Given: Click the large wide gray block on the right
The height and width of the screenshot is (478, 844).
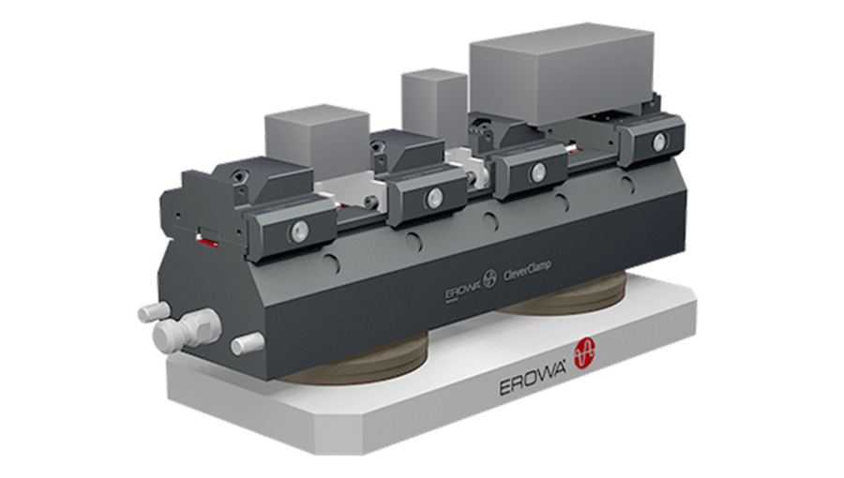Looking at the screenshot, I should coord(561,76).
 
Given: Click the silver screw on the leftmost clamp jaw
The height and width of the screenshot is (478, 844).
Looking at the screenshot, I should coord(298,230).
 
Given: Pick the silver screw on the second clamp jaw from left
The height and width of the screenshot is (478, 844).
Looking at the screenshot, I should coord(433,198).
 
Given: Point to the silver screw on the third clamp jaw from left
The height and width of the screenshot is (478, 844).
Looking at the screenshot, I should coord(537,172).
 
